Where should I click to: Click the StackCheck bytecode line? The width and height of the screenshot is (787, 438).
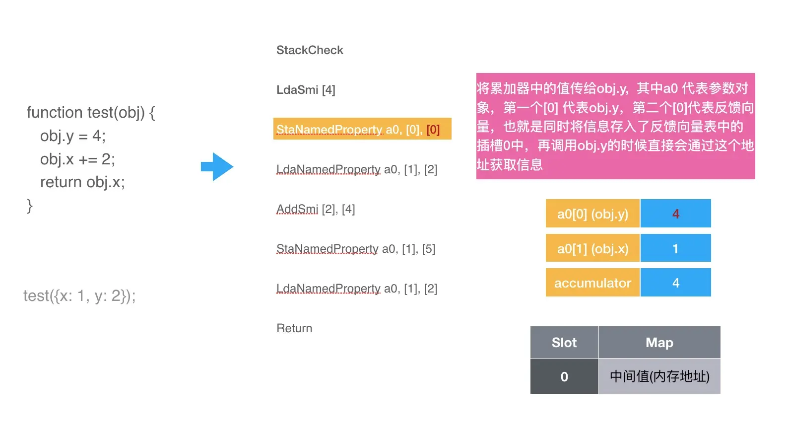point(310,50)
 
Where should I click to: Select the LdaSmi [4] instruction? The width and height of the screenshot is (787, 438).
point(306,90)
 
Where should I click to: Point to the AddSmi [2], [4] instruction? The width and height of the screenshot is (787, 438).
point(316,209)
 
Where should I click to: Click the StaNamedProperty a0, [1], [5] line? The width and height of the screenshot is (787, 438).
point(356,249)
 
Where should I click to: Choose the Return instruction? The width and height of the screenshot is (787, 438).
point(294,328)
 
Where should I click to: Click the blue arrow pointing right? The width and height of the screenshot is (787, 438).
point(217,167)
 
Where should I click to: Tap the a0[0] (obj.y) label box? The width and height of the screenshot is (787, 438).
point(592,214)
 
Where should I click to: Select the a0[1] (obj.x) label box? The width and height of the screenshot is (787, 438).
point(592,248)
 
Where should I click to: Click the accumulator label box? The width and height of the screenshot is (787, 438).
point(592,283)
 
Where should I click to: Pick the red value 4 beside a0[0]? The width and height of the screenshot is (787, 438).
point(675,214)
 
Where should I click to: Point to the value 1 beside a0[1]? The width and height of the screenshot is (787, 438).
point(675,248)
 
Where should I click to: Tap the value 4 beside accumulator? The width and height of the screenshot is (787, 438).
point(675,283)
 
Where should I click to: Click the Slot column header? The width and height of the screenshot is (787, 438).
point(564,342)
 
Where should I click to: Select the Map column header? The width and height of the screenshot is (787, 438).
point(659,342)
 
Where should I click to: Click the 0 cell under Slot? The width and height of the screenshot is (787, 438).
point(564,376)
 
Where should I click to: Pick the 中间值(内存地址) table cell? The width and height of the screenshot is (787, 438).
point(659,376)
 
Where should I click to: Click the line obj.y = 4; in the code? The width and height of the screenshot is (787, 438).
point(73,136)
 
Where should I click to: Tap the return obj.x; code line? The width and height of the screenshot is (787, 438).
point(82,182)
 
